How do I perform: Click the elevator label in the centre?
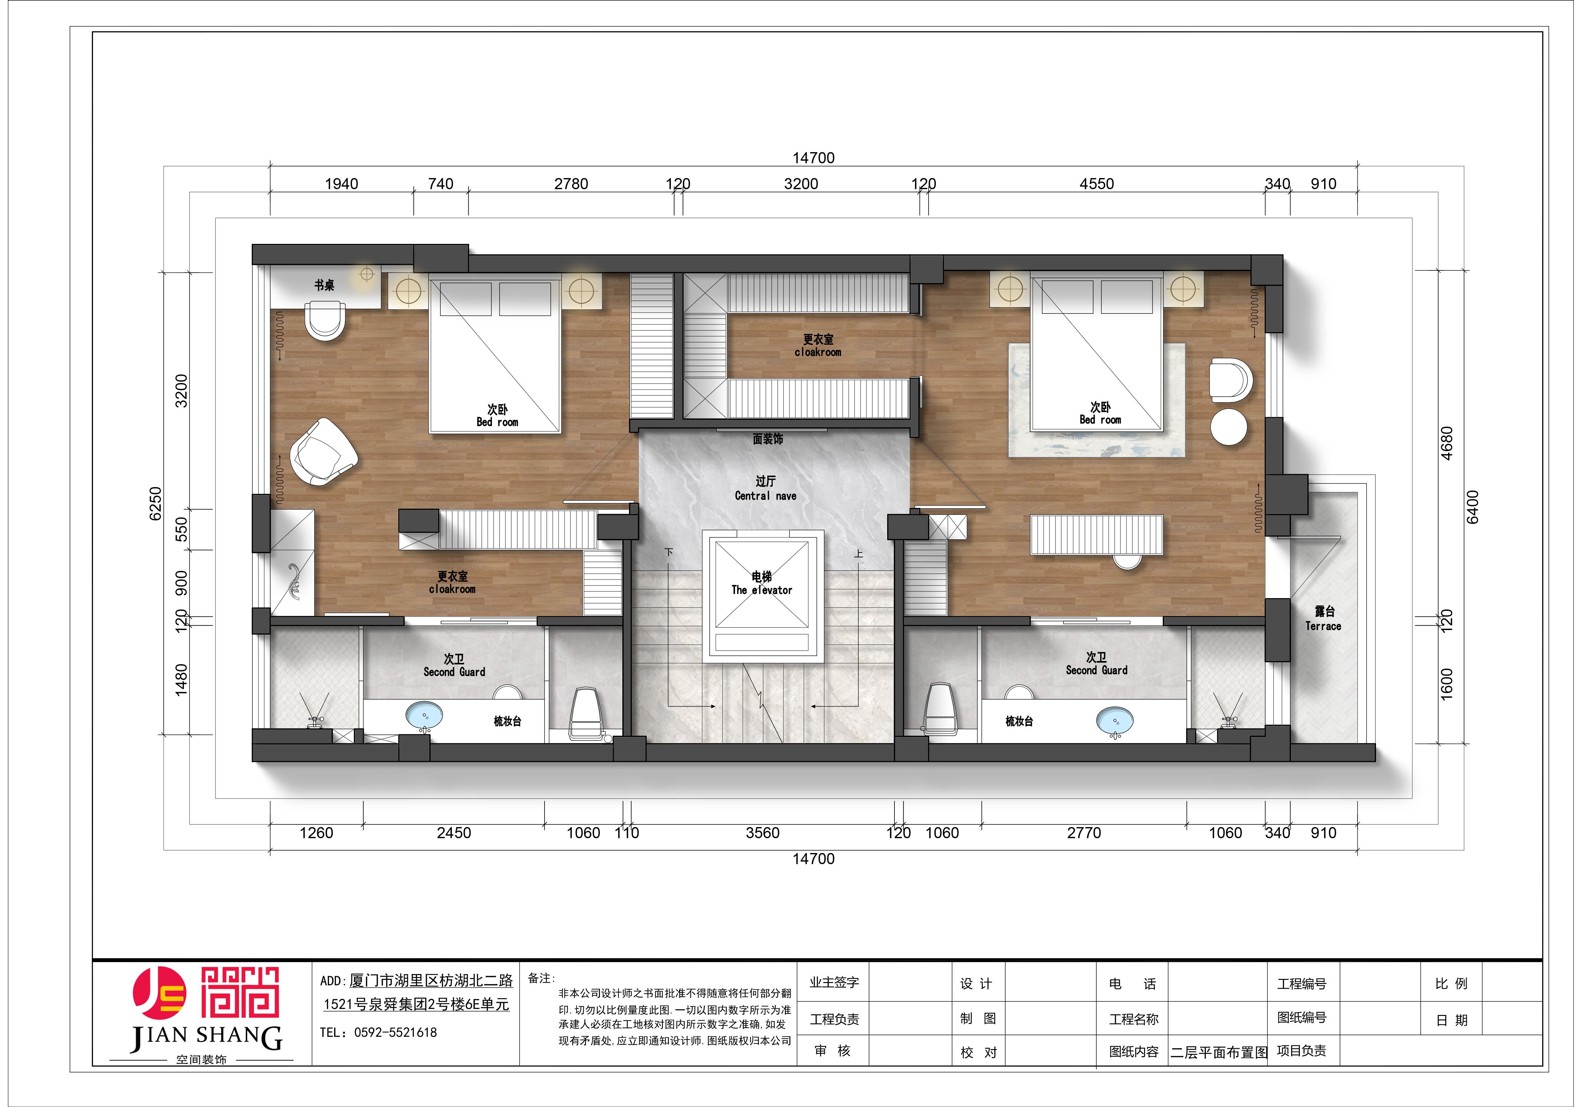761,584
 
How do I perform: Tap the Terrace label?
1323,619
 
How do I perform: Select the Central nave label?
765,488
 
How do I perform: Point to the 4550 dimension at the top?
1096,184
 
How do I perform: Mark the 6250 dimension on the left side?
156,504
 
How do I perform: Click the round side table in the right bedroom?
1229,427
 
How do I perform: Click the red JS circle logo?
159,993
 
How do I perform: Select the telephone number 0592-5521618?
395,1032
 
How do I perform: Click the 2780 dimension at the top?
571,184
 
